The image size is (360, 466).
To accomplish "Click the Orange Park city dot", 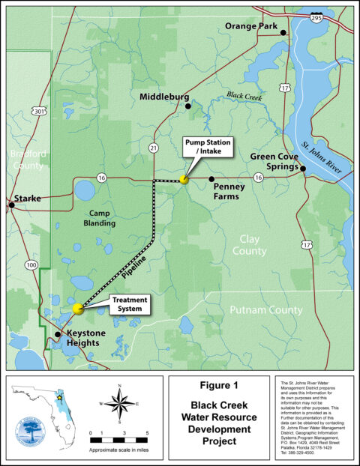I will tap(283, 33).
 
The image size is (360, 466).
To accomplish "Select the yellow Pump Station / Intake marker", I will tap(184, 179).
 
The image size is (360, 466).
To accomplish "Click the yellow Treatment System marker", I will tap(78, 308).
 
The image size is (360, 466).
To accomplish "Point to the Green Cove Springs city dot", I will tap(302, 169).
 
